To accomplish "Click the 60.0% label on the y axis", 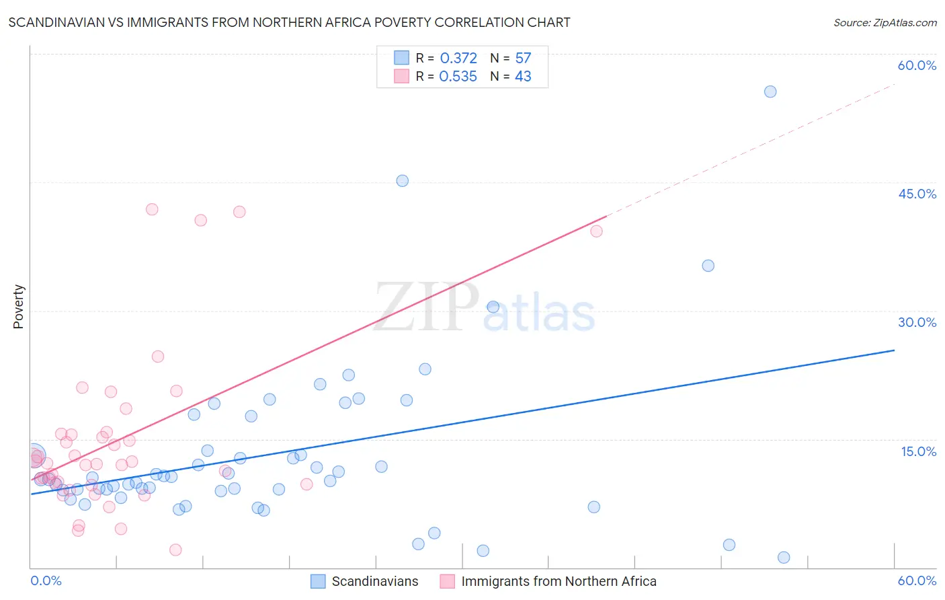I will click(x=917, y=65).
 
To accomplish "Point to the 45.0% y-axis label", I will click(x=917, y=194).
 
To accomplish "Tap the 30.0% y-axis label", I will click(x=917, y=322).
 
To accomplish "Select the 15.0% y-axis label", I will click(x=918, y=451).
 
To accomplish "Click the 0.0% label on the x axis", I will click(x=46, y=580).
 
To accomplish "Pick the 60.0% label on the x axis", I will click(x=917, y=580).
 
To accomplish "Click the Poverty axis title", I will click(x=18, y=307).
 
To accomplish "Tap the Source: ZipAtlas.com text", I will click(x=885, y=23).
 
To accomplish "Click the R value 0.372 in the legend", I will click(x=458, y=58).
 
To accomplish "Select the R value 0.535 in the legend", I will click(x=458, y=77).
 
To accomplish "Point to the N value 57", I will click(x=523, y=58).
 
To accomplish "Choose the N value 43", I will click(x=523, y=77).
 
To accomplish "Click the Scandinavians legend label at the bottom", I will click(x=374, y=581).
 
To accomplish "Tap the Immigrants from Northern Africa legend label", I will click(x=559, y=581).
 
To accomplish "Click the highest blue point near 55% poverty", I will click(x=770, y=91).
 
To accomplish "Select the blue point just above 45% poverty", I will click(x=402, y=180).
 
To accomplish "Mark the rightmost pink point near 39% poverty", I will click(x=596, y=231).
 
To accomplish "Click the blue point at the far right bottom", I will click(x=784, y=557).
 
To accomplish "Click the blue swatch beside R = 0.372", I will click(x=401, y=58).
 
